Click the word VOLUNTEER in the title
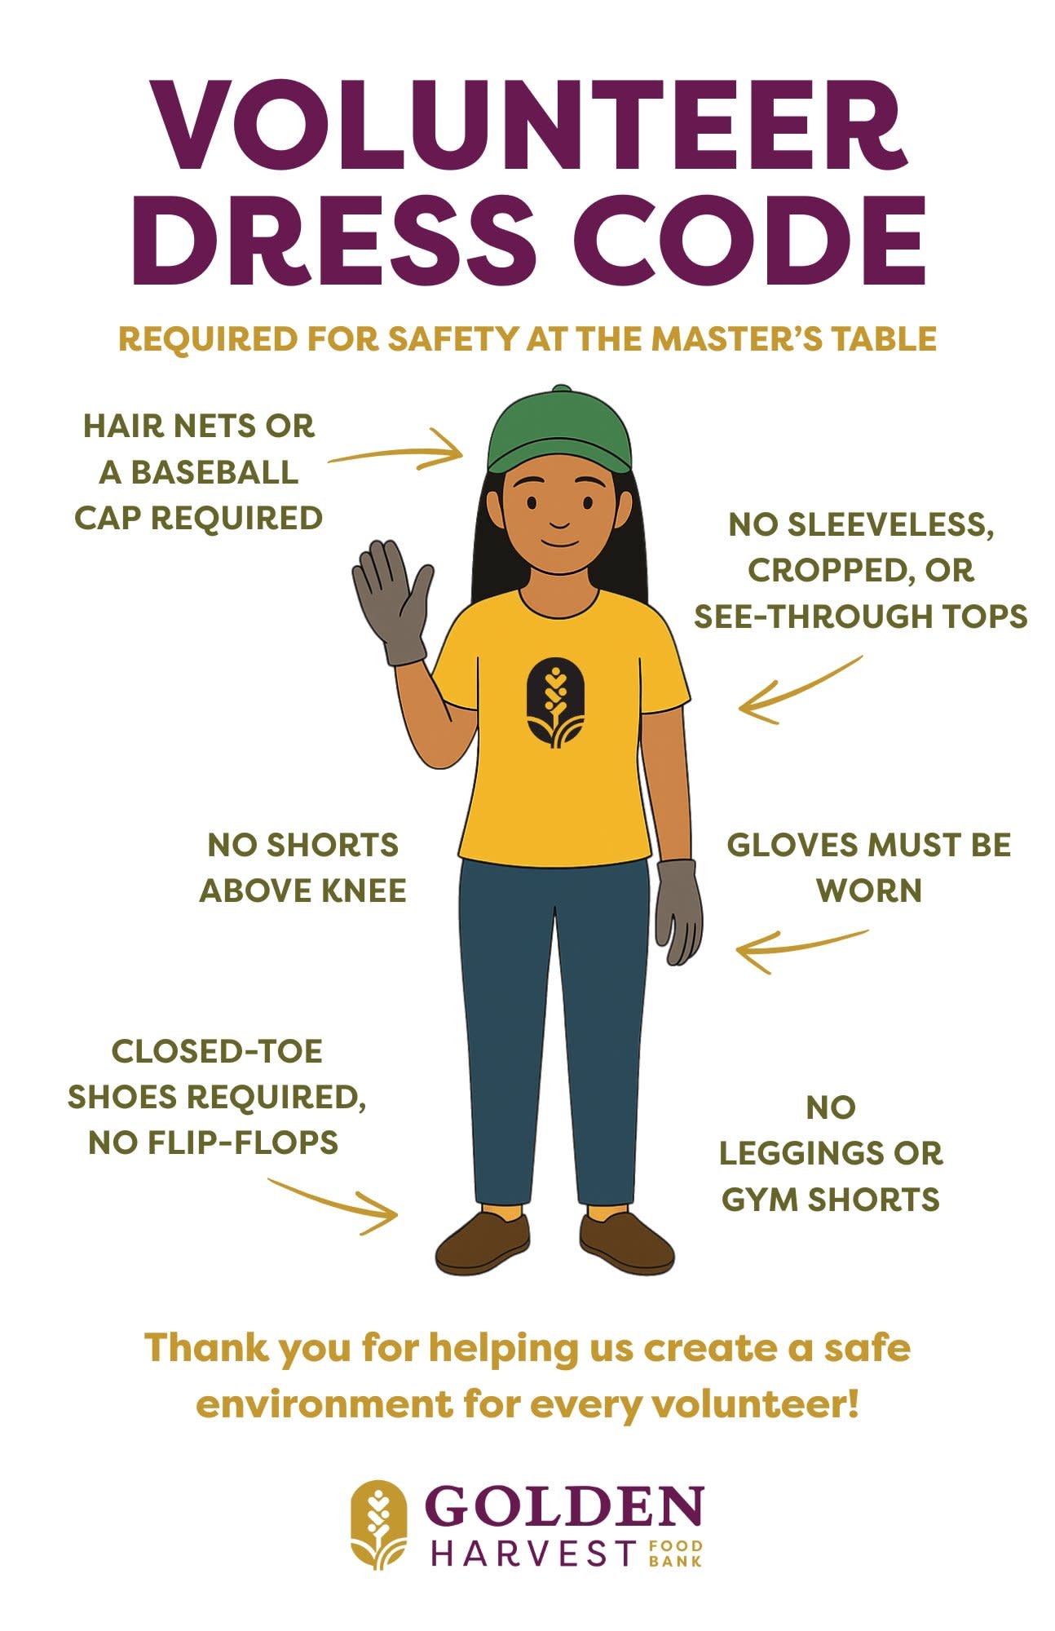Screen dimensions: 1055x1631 (x=529, y=125)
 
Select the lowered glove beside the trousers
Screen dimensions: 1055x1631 (x=678, y=912)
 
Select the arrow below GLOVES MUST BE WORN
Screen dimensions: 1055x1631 (x=801, y=948)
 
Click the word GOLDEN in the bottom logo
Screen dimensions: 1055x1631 (x=563, y=1505)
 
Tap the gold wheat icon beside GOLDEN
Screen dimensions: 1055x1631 (x=378, y=1524)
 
